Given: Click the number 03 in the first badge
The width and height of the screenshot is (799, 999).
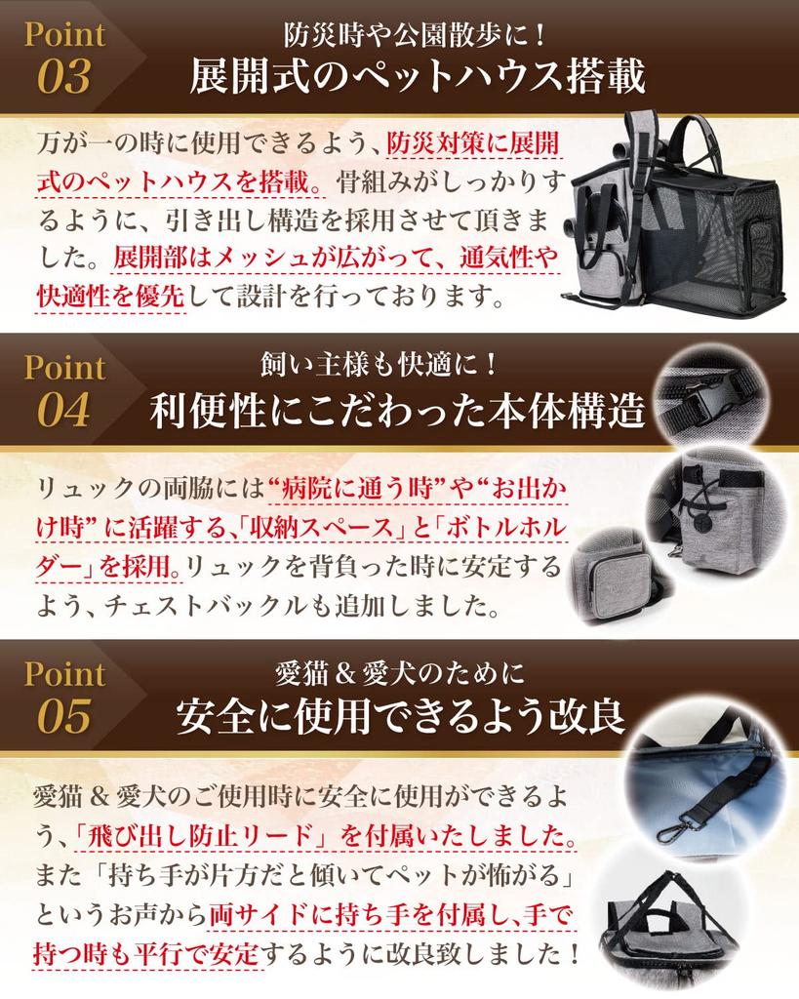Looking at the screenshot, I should [63, 77].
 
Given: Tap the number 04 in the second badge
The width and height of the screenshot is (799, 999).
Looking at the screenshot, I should [63, 411].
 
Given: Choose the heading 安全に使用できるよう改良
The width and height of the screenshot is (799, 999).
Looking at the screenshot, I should [400, 718].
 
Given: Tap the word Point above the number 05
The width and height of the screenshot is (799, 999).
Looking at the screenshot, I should [64, 673].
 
